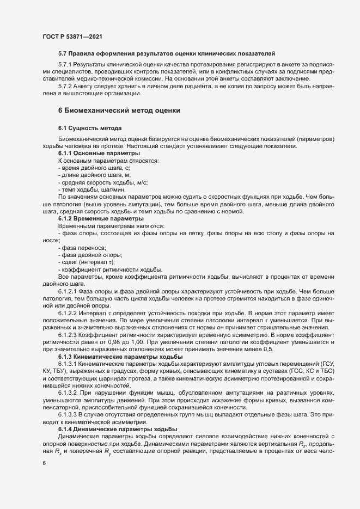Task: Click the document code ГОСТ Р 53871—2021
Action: (x=73, y=37)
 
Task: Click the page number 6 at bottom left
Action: (x=44, y=463)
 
